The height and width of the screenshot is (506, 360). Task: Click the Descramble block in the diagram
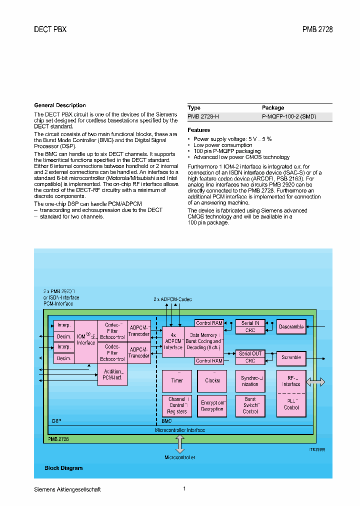coord(291,327)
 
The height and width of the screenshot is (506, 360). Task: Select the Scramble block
coord(291,358)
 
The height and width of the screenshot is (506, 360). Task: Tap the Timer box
coord(177,380)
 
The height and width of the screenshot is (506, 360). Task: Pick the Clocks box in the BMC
coord(212,380)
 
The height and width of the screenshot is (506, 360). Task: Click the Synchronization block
coord(250,381)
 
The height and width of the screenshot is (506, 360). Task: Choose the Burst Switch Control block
coord(250,405)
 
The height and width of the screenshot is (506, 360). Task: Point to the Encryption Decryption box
coord(212,405)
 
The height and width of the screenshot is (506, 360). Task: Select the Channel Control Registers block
coord(177,405)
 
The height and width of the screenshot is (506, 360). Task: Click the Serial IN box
coord(250,323)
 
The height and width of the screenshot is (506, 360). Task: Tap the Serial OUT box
coord(250,354)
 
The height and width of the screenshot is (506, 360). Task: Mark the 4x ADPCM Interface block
coord(173,341)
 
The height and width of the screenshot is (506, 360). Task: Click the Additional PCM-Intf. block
coord(112,375)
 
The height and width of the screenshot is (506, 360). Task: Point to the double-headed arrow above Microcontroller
coord(179,444)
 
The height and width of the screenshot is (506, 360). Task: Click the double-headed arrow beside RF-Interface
coord(315,381)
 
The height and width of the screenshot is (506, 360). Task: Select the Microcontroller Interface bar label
coord(179,430)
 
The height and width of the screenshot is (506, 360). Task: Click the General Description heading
coord(60,105)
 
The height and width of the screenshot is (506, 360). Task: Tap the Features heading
coord(198,130)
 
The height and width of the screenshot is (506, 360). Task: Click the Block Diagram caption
coord(63,468)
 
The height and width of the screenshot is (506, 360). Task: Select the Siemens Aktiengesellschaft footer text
coord(67,489)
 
